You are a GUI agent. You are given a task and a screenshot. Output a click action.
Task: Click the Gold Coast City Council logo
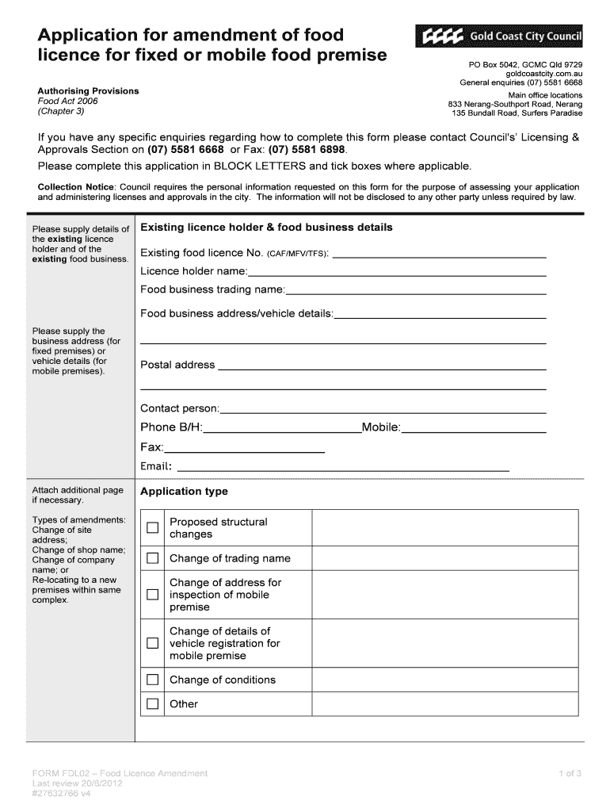pyautogui.click(x=498, y=37)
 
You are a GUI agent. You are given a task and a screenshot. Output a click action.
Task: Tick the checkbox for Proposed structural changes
pyautogui.click(x=152, y=528)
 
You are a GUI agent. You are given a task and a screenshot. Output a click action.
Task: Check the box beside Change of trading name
pyautogui.click(x=152, y=558)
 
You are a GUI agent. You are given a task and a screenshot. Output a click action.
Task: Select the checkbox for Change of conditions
pyautogui.click(x=152, y=680)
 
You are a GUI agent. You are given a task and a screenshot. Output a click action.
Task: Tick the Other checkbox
pyautogui.click(x=152, y=704)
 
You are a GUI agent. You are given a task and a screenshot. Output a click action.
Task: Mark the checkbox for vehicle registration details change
pyautogui.click(x=152, y=644)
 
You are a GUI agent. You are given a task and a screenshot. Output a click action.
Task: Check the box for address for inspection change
pyautogui.click(x=152, y=595)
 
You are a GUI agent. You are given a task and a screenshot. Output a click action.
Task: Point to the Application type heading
pyautogui.click(x=184, y=492)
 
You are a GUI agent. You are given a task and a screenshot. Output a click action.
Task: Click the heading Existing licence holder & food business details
pyautogui.click(x=266, y=228)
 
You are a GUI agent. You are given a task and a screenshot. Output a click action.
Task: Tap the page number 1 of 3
pyautogui.click(x=570, y=773)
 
